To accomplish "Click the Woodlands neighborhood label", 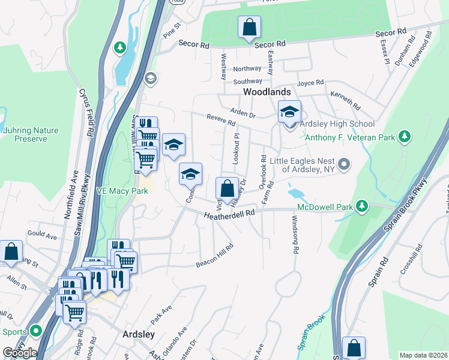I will (x=267, y=92).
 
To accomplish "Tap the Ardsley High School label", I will (x=337, y=124).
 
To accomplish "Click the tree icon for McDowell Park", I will (x=361, y=207).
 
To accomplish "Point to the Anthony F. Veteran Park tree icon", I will (x=406, y=137).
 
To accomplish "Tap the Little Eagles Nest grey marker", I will (x=344, y=164).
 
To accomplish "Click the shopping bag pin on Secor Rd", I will (x=249, y=28).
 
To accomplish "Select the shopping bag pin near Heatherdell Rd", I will (x=226, y=188).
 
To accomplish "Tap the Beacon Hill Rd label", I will (x=214, y=256).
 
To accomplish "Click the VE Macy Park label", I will (x=122, y=191).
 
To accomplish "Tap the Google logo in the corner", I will (x=20, y=352).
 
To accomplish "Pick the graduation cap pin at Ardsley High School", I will (x=289, y=112).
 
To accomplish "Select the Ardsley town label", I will (x=139, y=334).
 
